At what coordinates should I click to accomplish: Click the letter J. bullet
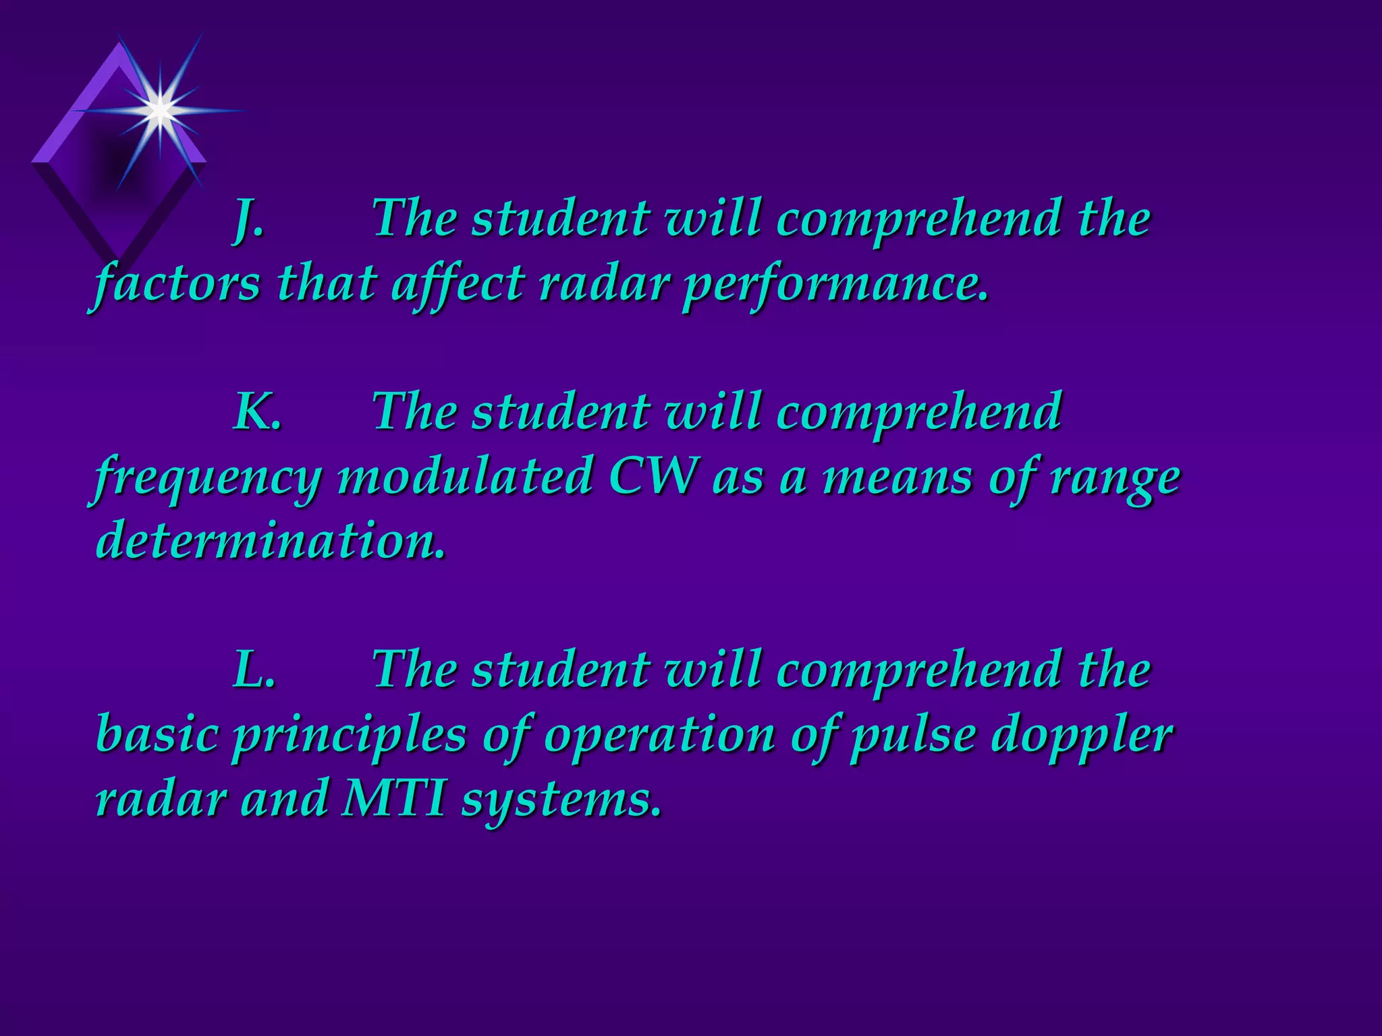[248, 220]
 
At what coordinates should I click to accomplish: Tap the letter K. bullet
[256, 411]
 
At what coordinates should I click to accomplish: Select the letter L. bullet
[254, 669]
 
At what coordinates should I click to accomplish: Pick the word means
[897, 478]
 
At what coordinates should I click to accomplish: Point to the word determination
[270, 540]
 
